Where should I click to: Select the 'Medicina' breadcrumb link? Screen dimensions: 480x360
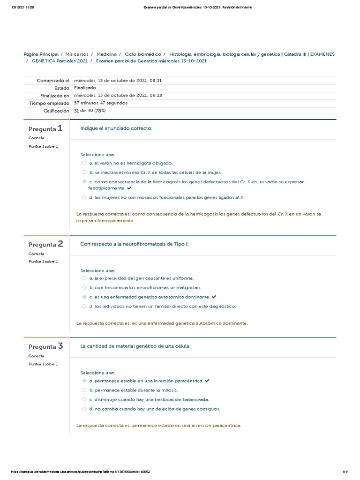tap(106, 54)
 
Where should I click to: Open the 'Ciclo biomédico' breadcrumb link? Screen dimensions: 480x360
tap(143, 54)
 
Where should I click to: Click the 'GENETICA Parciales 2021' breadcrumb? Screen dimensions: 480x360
tap(60, 61)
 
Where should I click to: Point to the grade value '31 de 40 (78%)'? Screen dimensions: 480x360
tap(90, 111)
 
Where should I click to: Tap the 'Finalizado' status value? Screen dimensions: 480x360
tap(85, 88)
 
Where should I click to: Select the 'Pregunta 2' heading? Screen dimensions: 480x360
tap(45, 244)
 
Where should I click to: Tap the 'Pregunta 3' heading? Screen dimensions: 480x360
tap(45, 347)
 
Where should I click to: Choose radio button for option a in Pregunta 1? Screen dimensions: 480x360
tap(84, 163)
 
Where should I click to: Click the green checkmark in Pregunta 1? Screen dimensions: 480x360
tap(129, 188)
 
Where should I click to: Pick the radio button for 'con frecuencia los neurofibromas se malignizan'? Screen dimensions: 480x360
tap(84, 287)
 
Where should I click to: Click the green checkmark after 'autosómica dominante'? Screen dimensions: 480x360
tap(214, 297)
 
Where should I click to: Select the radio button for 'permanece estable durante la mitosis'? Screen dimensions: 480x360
tap(84, 390)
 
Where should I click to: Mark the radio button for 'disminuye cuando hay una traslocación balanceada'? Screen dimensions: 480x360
tap(84, 399)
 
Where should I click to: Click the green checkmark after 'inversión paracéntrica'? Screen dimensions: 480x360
tap(207, 381)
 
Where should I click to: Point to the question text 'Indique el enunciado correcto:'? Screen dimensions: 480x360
tap(116, 128)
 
